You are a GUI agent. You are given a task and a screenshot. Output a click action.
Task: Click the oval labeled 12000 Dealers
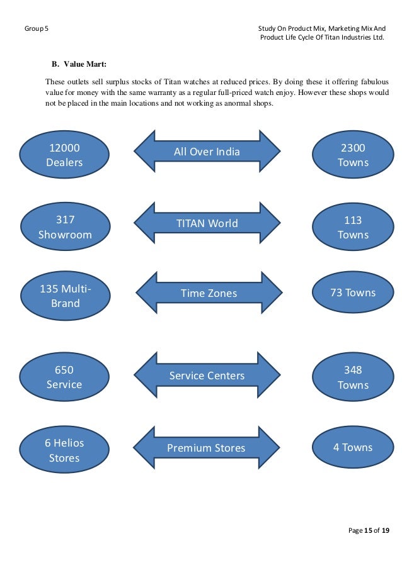(x=64, y=155)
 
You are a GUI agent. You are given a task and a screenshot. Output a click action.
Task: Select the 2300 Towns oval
(x=353, y=155)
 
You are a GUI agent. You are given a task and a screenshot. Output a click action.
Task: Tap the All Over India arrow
(x=207, y=152)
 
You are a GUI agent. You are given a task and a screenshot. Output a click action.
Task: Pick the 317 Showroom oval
(x=65, y=227)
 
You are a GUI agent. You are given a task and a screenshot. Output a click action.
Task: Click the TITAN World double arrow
(x=207, y=223)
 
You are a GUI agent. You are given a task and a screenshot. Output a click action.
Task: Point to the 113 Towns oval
(x=353, y=227)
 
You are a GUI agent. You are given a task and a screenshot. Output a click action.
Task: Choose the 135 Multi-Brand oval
(x=65, y=296)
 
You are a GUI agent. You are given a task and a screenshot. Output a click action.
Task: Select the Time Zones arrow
(x=209, y=293)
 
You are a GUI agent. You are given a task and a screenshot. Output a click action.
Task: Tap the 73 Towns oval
(x=353, y=292)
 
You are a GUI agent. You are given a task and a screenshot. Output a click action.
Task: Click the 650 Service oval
(x=64, y=377)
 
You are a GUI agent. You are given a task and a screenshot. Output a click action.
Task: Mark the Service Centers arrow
(x=207, y=376)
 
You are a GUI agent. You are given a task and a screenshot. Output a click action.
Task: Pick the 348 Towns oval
(x=353, y=377)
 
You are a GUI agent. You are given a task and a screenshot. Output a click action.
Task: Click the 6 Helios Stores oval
(x=64, y=450)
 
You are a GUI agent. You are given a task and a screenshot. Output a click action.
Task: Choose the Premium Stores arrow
(x=207, y=448)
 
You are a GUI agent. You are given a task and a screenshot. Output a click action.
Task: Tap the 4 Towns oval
(x=353, y=447)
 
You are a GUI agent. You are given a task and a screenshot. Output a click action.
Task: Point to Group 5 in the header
(x=36, y=29)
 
